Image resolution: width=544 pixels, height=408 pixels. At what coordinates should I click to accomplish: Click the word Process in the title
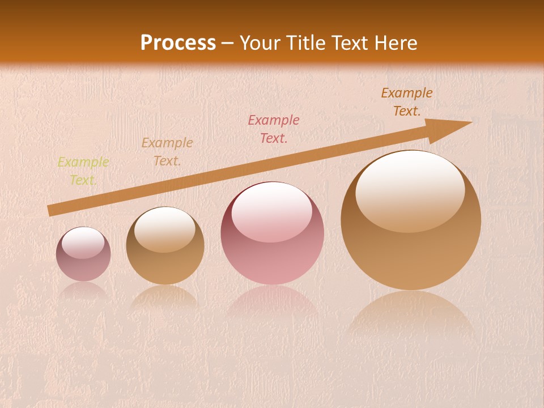pos(178,43)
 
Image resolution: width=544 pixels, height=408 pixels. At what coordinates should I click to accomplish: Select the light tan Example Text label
pos(167,152)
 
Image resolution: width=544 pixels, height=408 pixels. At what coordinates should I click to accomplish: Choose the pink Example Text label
pos(274,129)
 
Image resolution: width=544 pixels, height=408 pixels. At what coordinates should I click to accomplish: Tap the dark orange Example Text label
pos(406,102)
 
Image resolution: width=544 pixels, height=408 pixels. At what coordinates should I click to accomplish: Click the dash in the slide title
pos(228,44)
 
